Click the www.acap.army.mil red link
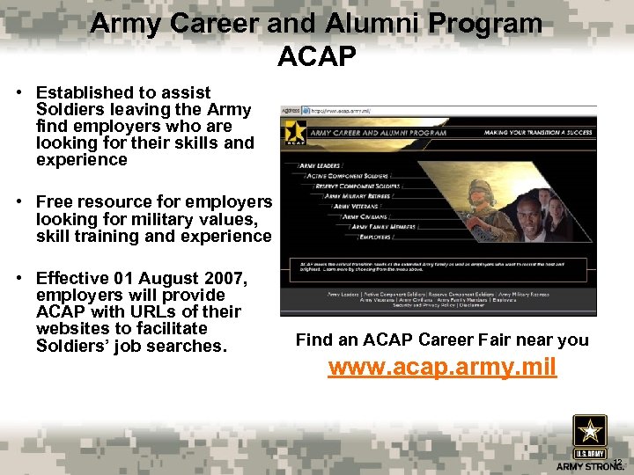point(442,367)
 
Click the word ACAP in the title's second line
point(316,57)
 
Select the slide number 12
point(616,463)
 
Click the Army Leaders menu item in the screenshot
point(321,164)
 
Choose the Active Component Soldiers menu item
point(345,176)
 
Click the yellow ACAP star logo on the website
point(294,132)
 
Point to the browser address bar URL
point(340,111)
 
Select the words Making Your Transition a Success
point(536,132)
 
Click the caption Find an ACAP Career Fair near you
point(442,340)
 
